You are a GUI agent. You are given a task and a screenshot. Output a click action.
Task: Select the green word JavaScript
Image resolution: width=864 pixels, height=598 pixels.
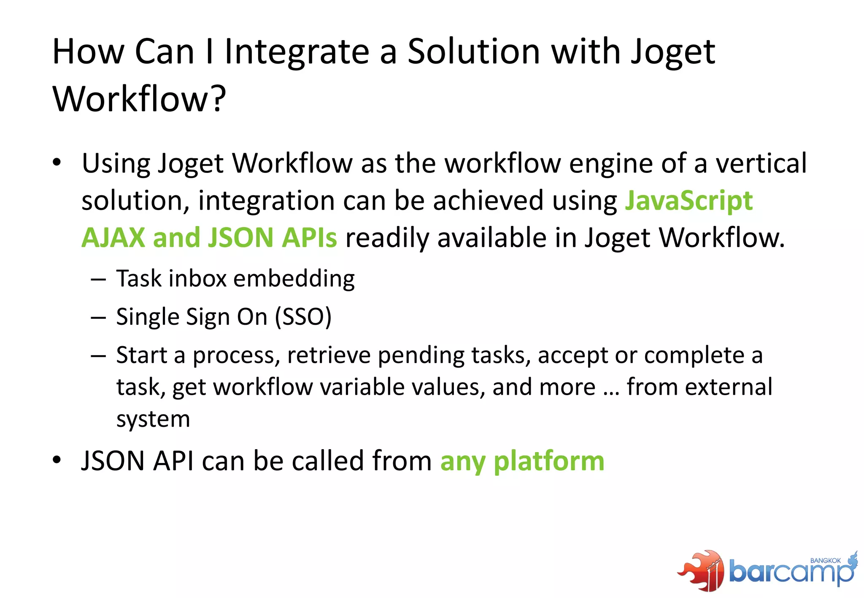point(688,200)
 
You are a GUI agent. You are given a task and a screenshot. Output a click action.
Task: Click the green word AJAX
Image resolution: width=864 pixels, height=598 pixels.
point(113,237)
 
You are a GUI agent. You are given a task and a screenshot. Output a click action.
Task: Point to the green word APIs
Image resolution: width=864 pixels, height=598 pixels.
point(309,237)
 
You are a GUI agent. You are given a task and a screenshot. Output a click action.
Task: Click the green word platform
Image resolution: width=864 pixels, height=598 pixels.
point(549,461)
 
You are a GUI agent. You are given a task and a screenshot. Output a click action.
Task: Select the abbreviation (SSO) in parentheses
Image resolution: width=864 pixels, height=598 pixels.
point(303,317)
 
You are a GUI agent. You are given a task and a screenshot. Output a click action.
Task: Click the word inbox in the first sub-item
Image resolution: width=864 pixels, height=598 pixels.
point(198,279)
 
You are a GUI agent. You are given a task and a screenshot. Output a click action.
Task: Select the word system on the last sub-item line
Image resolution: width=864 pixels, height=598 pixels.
point(153,420)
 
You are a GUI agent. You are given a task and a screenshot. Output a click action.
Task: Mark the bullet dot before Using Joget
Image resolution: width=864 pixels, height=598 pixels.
point(57,163)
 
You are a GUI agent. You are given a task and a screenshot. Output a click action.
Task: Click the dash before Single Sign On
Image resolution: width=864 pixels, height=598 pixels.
point(98,317)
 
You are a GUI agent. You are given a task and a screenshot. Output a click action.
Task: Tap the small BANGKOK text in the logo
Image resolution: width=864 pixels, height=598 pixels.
point(825,560)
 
